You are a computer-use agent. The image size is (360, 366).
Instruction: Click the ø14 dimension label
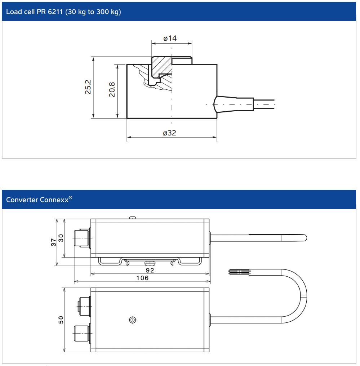pos(170,38)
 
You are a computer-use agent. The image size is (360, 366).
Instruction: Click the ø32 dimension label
pos(169,133)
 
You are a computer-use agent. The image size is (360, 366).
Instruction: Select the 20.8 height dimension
pos(112,90)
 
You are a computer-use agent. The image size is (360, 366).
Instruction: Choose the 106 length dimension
pos(143,278)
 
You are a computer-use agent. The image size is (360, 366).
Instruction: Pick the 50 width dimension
pos(61,320)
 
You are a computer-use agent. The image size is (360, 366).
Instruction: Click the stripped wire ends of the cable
pos(235,272)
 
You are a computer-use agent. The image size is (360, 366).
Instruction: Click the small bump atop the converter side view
pos(133,218)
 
